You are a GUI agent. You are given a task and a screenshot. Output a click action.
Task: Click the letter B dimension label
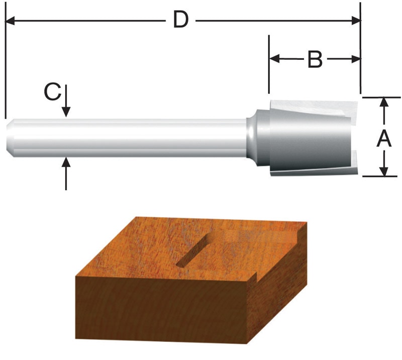tap(315, 60)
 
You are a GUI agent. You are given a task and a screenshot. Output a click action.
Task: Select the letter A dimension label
tap(384, 137)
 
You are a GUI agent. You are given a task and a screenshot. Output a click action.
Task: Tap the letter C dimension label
tap(52, 92)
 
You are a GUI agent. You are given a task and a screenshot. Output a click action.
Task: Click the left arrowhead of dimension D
tap(10, 21)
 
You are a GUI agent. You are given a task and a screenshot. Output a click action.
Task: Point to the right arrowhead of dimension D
tap(356, 21)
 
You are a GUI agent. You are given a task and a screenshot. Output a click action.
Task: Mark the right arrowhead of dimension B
tap(356, 59)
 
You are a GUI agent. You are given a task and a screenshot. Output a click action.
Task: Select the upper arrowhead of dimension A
tap(384, 102)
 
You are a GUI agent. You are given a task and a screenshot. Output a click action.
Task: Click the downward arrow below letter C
tap(66, 112)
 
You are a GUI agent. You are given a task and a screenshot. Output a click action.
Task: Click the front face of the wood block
tap(161, 312)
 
